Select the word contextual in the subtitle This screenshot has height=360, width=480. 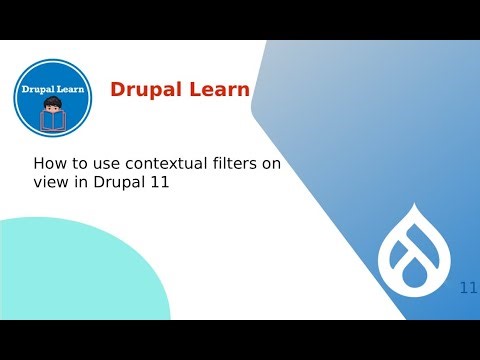pyautogui.click(x=165, y=164)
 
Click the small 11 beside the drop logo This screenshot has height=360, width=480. pyautogui.click(x=468, y=288)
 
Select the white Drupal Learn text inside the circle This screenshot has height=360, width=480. pyautogui.click(x=55, y=89)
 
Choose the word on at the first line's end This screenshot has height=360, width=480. pyautogui.click(x=272, y=164)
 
